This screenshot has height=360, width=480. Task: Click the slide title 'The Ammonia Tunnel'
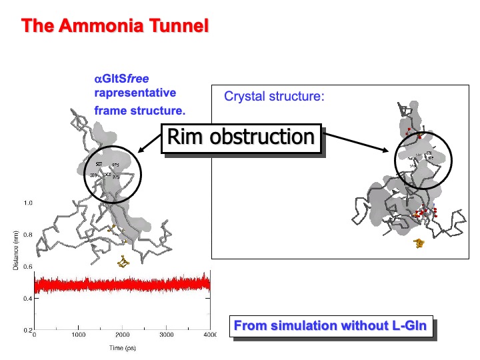[115, 27]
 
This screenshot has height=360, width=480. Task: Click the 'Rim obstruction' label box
[241, 137]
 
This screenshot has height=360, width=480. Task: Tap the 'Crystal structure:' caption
[274, 96]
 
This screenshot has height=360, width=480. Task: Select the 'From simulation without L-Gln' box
[331, 327]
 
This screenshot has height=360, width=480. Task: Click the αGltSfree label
[121, 79]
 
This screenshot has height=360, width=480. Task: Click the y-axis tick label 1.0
[28, 202]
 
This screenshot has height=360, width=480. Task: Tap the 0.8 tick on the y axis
[28, 235]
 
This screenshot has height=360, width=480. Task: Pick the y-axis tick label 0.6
[28, 267]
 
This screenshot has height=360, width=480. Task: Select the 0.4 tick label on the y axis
[28, 299]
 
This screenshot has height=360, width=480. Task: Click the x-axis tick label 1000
[78, 335]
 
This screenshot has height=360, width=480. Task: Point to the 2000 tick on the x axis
[123, 335]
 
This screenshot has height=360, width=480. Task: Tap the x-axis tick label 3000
[167, 335]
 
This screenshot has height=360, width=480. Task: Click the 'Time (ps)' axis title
[122, 347]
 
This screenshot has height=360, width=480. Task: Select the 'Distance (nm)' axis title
[15, 250]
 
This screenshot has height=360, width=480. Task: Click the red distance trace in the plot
[120, 285]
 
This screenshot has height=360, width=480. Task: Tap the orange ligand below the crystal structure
[420, 243]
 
